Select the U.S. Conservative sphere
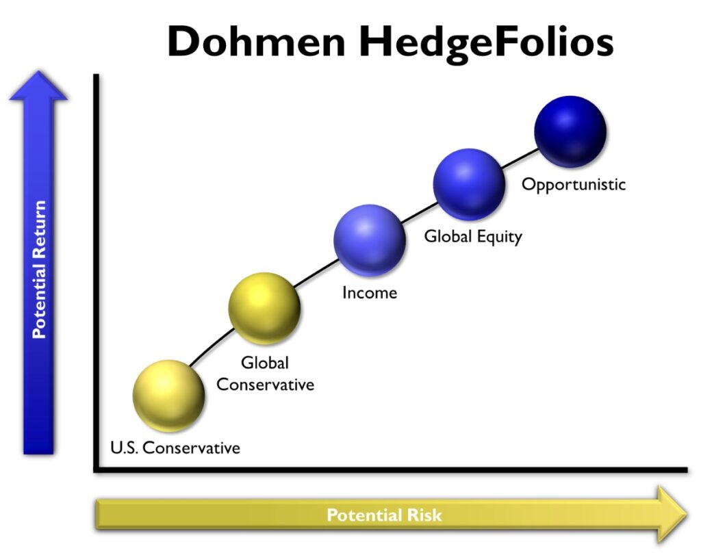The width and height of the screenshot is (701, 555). point(168,396)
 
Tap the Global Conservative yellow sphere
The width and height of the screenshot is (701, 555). point(264,308)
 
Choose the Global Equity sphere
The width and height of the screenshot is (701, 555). point(470,183)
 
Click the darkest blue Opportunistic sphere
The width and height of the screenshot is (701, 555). point(570,131)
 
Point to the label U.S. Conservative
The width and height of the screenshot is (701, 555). point(175,448)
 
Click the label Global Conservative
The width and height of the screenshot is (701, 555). point(265,374)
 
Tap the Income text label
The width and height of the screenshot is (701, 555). point(370,293)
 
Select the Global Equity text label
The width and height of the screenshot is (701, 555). point(473,237)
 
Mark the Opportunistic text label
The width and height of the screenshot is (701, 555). point(574,184)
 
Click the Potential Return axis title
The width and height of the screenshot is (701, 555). point(39,270)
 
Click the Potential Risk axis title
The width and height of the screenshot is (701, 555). point(384,515)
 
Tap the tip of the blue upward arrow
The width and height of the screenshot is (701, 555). point(38,74)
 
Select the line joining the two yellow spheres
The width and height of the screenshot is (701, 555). point(214,346)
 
